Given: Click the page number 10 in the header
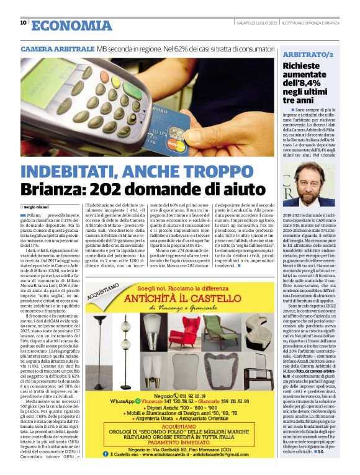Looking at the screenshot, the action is tap(23, 23).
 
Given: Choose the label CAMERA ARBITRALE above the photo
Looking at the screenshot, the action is tap(58, 48).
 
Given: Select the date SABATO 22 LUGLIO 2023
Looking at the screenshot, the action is tap(256, 23).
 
